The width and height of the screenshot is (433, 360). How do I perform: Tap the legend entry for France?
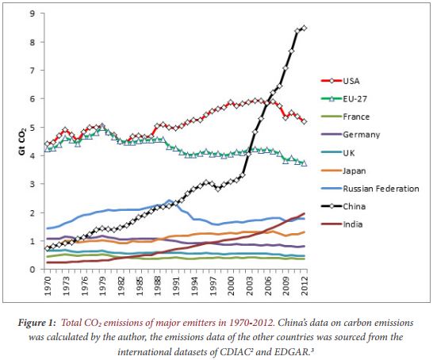pos(357,116)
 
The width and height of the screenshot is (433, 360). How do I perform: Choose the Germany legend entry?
pos(361,134)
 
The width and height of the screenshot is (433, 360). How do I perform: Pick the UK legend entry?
pos(350,152)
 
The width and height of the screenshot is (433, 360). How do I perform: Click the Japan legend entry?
pos(355,170)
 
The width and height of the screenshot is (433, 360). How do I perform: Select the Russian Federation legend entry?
pos(381,189)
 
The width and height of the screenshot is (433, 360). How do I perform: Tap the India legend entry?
pos(354,224)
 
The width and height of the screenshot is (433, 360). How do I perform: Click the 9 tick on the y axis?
pos(31,13)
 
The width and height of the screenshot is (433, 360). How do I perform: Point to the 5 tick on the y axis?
pos(31,127)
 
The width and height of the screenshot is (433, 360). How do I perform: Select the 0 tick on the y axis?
pos(31,270)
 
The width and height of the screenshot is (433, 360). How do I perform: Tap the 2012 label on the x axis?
pos(305,285)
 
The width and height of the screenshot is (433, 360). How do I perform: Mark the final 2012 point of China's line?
pos(305,28)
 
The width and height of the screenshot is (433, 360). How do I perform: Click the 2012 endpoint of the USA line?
pos(305,121)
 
